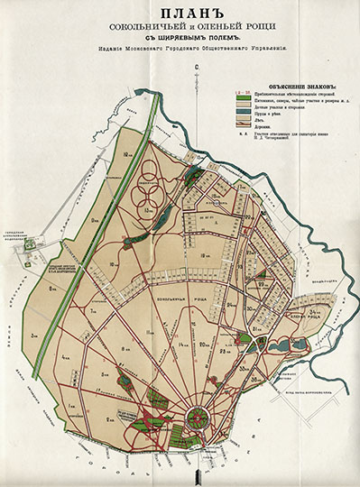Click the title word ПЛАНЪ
(x=180, y=14)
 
